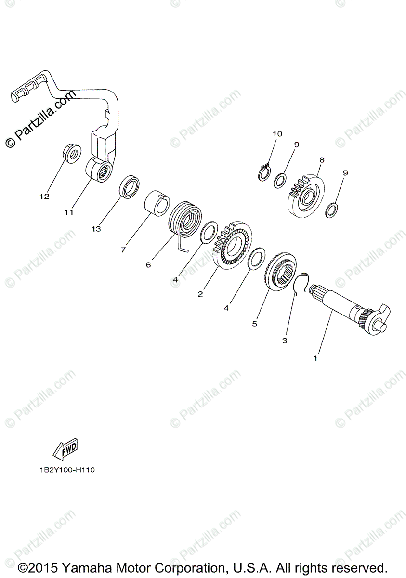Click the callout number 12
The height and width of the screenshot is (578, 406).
pyautogui.click(x=44, y=197)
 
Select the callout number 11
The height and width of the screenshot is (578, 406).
pyautogui.click(x=68, y=212)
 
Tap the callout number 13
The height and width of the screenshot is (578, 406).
pyautogui.click(x=96, y=229)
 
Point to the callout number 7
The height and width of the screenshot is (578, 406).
pyautogui.click(x=123, y=250)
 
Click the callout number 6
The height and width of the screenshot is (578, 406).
pyautogui.click(x=148, y=264)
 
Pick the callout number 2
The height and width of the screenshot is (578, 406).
pyautogui.click(x=200, y=293)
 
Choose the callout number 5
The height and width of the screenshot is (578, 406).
pyautogui.click(x=255, y=324)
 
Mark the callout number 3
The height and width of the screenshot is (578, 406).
pyautogui.click(x=285, y=340)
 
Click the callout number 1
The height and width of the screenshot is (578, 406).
pyautogui.click(x=315, y=358)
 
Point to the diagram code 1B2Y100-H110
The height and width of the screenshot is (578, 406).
pyautogui.click(x=67, y=470)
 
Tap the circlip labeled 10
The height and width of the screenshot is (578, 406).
pyautogui.click(x=262, y=172)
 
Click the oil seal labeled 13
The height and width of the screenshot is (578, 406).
pyautogui.click(x=129, y=186)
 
